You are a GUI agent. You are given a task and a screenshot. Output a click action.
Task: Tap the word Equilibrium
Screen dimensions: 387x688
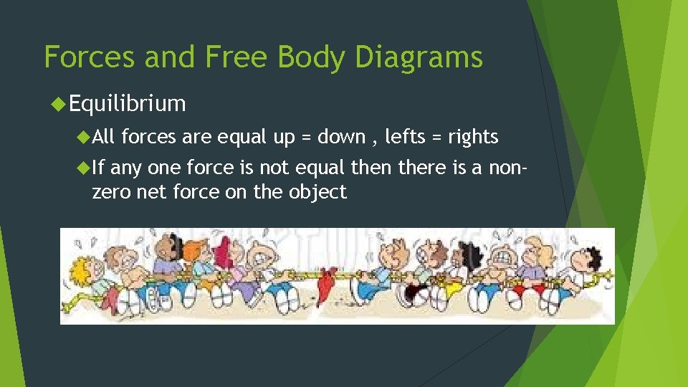point(128,104)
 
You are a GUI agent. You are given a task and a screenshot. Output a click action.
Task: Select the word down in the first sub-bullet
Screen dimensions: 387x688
point(341,136)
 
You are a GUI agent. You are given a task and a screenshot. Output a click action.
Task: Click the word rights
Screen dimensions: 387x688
point(473,136)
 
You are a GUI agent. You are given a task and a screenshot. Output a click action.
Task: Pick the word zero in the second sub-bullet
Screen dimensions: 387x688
point(107,192)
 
